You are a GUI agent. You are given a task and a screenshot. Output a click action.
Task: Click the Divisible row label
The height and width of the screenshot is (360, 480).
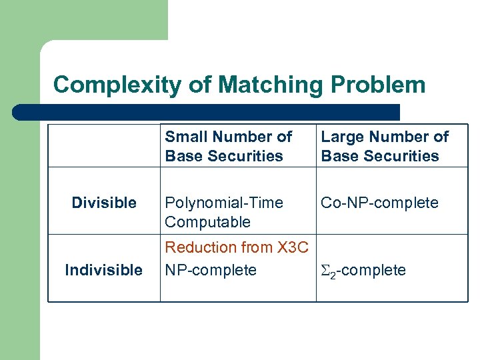point(104,203)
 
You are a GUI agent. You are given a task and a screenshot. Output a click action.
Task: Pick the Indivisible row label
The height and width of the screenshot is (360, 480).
point(104,270)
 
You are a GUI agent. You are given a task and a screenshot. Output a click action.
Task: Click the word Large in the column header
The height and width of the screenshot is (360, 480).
point(342,137)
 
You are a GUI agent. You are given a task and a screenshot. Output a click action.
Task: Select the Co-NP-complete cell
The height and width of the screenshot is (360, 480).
point(380,203)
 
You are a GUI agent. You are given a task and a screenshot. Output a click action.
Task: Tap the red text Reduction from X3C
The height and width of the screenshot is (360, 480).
point(237,247)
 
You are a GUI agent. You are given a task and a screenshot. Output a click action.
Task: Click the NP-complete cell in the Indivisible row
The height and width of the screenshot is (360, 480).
point(211,270)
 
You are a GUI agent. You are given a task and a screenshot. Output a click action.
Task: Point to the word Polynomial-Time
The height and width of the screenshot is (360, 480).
point(224,203)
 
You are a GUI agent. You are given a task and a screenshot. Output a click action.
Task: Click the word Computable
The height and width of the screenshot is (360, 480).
point(208,222)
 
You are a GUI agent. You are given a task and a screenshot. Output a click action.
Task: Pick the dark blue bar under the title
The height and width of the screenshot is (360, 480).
point(207,112)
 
